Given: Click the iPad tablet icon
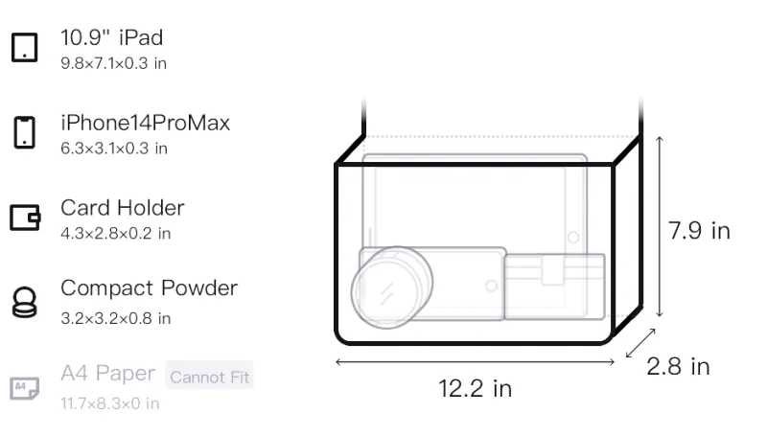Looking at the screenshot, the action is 25,47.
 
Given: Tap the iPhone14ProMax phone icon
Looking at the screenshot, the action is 25,132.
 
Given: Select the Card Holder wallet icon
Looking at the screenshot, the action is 25,218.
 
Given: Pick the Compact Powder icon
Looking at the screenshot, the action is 25,303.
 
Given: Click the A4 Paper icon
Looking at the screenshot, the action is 25,388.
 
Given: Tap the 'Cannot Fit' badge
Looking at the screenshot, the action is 209,377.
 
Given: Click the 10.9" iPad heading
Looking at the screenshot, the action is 111,37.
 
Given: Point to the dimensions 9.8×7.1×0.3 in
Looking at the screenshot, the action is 113,63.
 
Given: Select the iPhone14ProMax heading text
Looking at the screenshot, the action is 146,123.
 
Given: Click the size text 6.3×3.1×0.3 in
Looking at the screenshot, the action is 114,149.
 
